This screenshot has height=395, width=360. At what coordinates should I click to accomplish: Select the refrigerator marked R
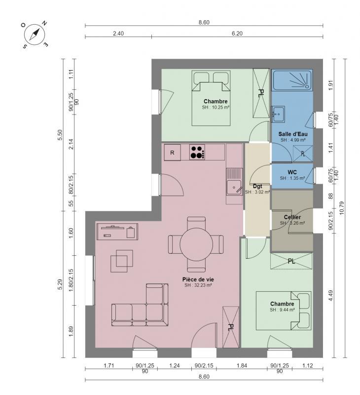172,153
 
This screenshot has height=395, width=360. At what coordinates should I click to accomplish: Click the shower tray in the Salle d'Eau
291,81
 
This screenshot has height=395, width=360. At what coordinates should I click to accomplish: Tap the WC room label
292,172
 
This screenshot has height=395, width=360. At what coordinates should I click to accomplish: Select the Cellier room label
292,217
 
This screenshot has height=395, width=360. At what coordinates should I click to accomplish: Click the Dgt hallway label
257,187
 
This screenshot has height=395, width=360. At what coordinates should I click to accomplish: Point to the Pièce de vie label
198,279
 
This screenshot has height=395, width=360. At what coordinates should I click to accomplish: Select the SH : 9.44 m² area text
282,310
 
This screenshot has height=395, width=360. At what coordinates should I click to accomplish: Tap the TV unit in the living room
117,231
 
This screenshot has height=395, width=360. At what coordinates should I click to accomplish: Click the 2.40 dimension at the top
118,34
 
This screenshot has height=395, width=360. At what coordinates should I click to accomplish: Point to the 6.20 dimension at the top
237,34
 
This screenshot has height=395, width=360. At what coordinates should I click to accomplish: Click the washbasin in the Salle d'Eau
278,114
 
